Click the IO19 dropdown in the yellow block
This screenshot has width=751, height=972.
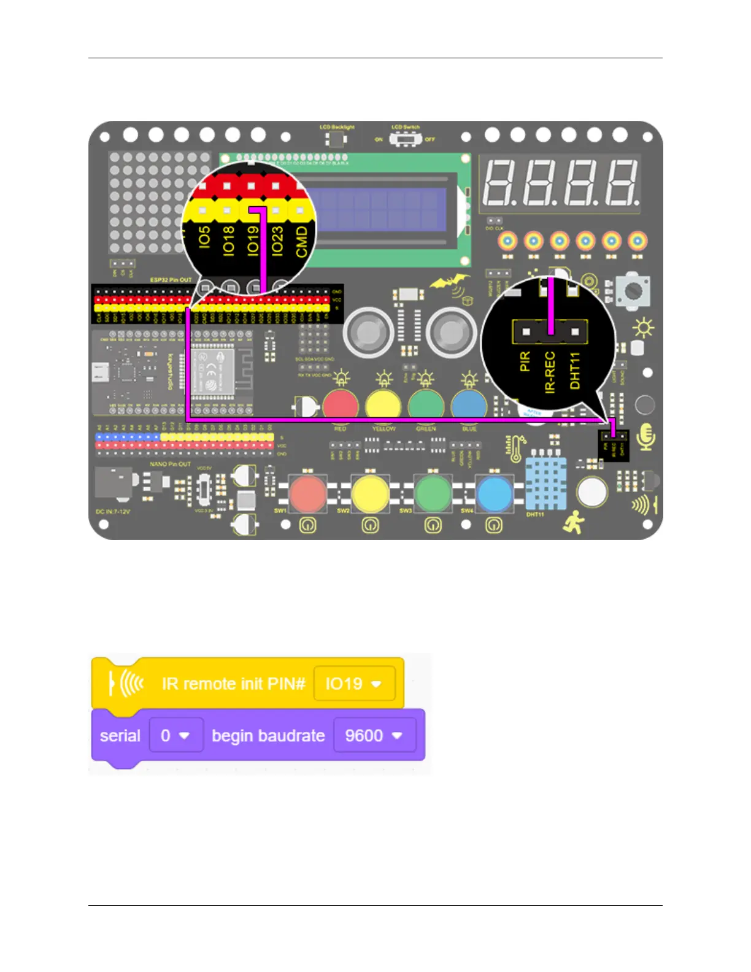point(354,684)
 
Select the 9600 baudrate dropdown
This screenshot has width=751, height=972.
point(374,736)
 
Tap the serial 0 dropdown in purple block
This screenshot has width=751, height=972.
point(175,736)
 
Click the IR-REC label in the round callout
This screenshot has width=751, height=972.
point(550,372)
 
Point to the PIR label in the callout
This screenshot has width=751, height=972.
point(525,361)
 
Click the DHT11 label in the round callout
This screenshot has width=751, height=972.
point(575,370)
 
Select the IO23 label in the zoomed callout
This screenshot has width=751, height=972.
point(277,241)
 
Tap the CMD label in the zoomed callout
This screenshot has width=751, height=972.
point(301,241)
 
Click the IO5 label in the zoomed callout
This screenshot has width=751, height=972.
point(205,237)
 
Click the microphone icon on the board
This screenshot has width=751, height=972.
point(646,436)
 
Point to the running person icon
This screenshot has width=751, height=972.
point(574,522)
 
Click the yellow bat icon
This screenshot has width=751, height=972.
point(450,283)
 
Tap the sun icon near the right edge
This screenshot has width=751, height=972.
point(643,329)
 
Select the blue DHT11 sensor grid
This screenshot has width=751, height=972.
point(545,484)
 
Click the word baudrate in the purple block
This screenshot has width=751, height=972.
point(268,736)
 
